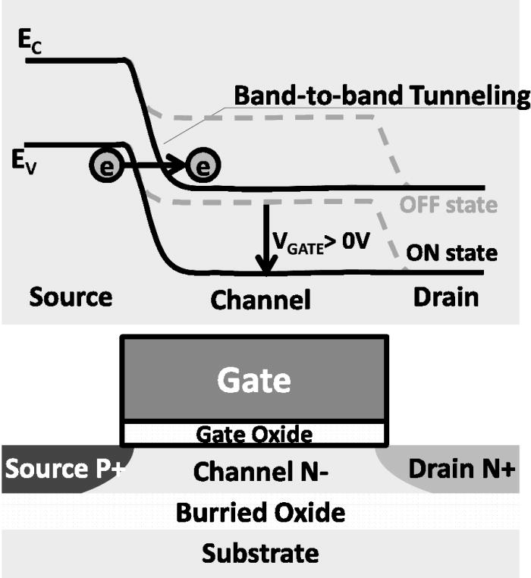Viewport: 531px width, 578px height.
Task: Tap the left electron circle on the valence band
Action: [106, 168]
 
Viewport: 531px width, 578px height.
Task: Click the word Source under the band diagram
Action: [71, 296]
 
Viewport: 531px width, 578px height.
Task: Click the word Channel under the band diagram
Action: [260, 299]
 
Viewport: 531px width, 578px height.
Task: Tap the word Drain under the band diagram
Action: [446, 296]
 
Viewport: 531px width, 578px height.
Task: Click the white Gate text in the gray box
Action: [254, 379]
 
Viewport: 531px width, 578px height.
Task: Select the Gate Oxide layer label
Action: [254, 434]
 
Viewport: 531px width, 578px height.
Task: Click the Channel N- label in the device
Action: [254, 472]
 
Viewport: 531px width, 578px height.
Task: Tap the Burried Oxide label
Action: [260, 513]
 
